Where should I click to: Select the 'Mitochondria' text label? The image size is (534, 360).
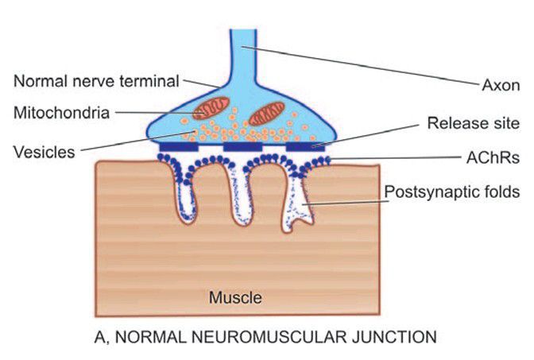tap(60, 112)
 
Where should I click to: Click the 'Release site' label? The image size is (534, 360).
tap(473, 123)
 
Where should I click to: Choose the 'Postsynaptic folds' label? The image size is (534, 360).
tap(451, 192)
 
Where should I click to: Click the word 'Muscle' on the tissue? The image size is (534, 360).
tap(235, 299)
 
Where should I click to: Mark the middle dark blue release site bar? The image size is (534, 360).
tap(242, 148)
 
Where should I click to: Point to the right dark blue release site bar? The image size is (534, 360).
tap(305, 148)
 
